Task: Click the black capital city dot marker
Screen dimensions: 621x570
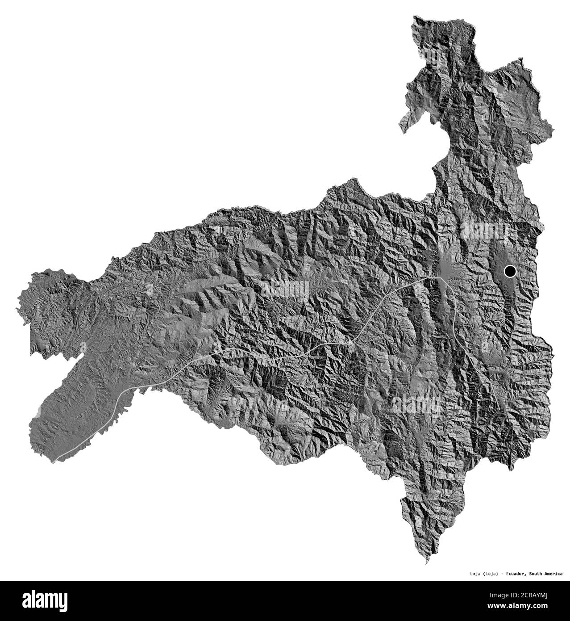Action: pyautogui.click(x=509, y=271)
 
